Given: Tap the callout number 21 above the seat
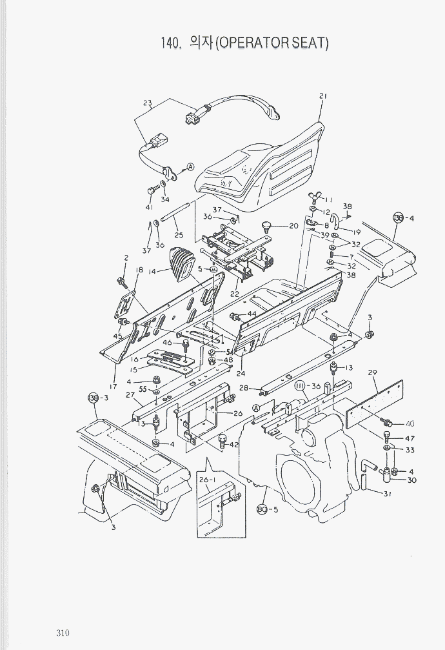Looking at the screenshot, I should click(x=323, y=96).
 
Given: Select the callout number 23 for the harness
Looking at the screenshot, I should click(x=147, y=103).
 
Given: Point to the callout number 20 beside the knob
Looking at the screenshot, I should click(x=293, y=226).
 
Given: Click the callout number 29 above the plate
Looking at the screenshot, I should click(x=372, y=372).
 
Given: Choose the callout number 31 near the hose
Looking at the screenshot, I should click(x=387, y=494).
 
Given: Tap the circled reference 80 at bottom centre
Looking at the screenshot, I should click(x=262, y=509).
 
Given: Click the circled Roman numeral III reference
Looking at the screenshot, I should click(x=299, y=386).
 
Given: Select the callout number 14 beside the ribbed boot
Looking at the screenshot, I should click(x=153, y=272).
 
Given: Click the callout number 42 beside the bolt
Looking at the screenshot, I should click(x=233, y=445).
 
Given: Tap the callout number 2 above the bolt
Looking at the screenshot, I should click(x=126, y=258).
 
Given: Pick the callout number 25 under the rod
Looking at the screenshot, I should click(x=179, y=236).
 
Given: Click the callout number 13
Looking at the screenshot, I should click(x=349, y=368).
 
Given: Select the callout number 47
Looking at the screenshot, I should click(x=410, y=438).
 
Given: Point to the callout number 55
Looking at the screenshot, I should click(x=143, y=391).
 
